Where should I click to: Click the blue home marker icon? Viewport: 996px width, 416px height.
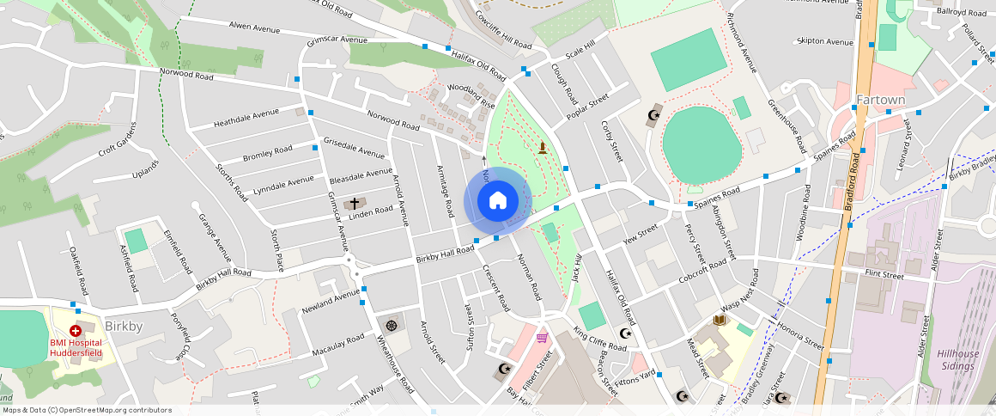click(x=497, y=201)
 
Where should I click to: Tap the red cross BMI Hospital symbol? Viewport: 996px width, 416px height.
click(x=76, y=330)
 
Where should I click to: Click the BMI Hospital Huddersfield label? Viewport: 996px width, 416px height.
click(x=76, y=347)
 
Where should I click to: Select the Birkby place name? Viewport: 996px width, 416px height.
click(x=124, y=327)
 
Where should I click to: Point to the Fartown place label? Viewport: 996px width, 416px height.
click(x=880, y=100)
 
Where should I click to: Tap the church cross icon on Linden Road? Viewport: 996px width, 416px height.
click(x=354, y=204)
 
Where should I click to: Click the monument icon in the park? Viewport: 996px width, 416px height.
click(x=543, y=148)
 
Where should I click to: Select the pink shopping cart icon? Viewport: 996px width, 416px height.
click(x=542, y=337)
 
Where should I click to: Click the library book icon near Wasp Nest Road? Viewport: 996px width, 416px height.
click(x=720, y=321)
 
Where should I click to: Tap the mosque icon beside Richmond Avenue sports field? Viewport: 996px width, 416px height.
click(x=654, y=114)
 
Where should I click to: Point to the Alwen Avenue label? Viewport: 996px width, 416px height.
click(x=255, y=28)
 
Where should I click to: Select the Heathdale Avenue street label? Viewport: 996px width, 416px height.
click(x=246, y=117)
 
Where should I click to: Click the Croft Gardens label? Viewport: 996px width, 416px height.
click(x=118, y=139)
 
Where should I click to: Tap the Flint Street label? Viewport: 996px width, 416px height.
click(x=884, y=276)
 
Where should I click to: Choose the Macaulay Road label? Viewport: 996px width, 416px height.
click(x=338, y=345)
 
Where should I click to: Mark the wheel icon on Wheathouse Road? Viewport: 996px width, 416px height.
click(x=392, y=325)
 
